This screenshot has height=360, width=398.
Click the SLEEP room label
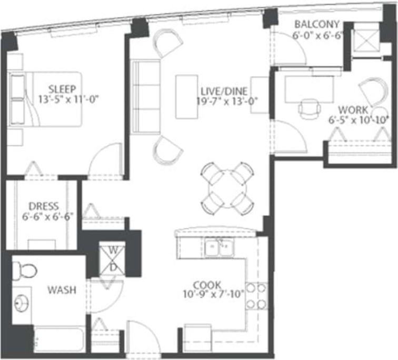62,88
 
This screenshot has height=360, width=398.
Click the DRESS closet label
44,206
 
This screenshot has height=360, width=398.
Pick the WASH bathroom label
62,289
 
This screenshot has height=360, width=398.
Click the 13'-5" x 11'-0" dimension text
69,98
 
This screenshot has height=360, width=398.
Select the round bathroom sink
22,304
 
